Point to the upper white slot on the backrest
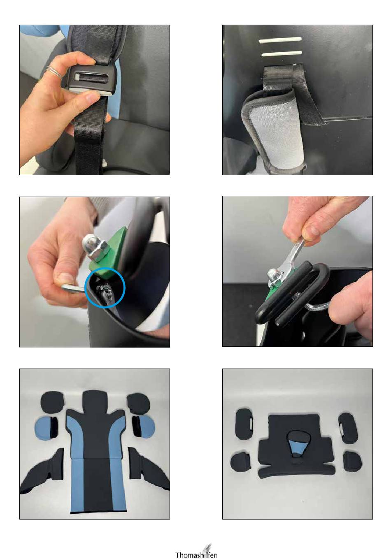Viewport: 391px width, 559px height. click(280, 39)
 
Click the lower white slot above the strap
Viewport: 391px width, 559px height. click(282, 53)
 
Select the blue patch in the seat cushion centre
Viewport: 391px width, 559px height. click(298, 447)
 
